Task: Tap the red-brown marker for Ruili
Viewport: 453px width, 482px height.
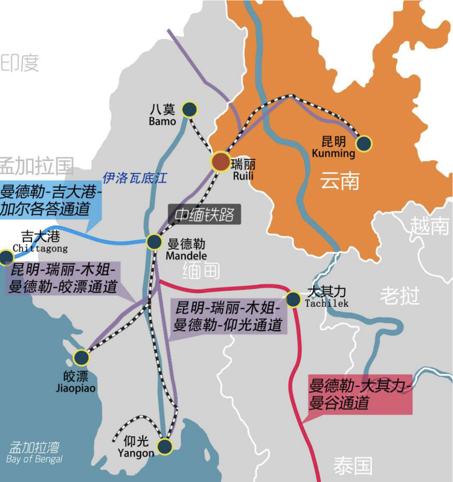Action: [x=220, y=161]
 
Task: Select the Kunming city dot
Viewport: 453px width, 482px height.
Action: [x=364, y=143]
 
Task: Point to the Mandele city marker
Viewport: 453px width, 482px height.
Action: [x=155, y=242]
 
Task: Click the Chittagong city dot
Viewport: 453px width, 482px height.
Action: [x=6, y=258]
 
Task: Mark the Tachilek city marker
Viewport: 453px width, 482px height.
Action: [x=293, y=298]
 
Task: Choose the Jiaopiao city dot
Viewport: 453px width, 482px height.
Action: [x=81, y=358]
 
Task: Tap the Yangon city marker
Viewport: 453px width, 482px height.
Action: [x=164, y=447]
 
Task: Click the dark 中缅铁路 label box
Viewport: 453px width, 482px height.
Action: [x=204, y=215]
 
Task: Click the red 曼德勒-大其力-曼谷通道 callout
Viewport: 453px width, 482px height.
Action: [x=360, y=394]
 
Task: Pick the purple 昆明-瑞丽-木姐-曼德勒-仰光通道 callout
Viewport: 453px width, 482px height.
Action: [x=228, y=316]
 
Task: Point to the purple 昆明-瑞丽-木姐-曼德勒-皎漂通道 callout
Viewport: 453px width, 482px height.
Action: [x=63, y=278]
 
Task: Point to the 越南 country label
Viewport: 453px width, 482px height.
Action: [x=429, y=226]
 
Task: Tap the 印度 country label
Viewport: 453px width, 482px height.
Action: [x=20, y=63]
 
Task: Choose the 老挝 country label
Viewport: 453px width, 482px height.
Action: [x=399, y=296]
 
